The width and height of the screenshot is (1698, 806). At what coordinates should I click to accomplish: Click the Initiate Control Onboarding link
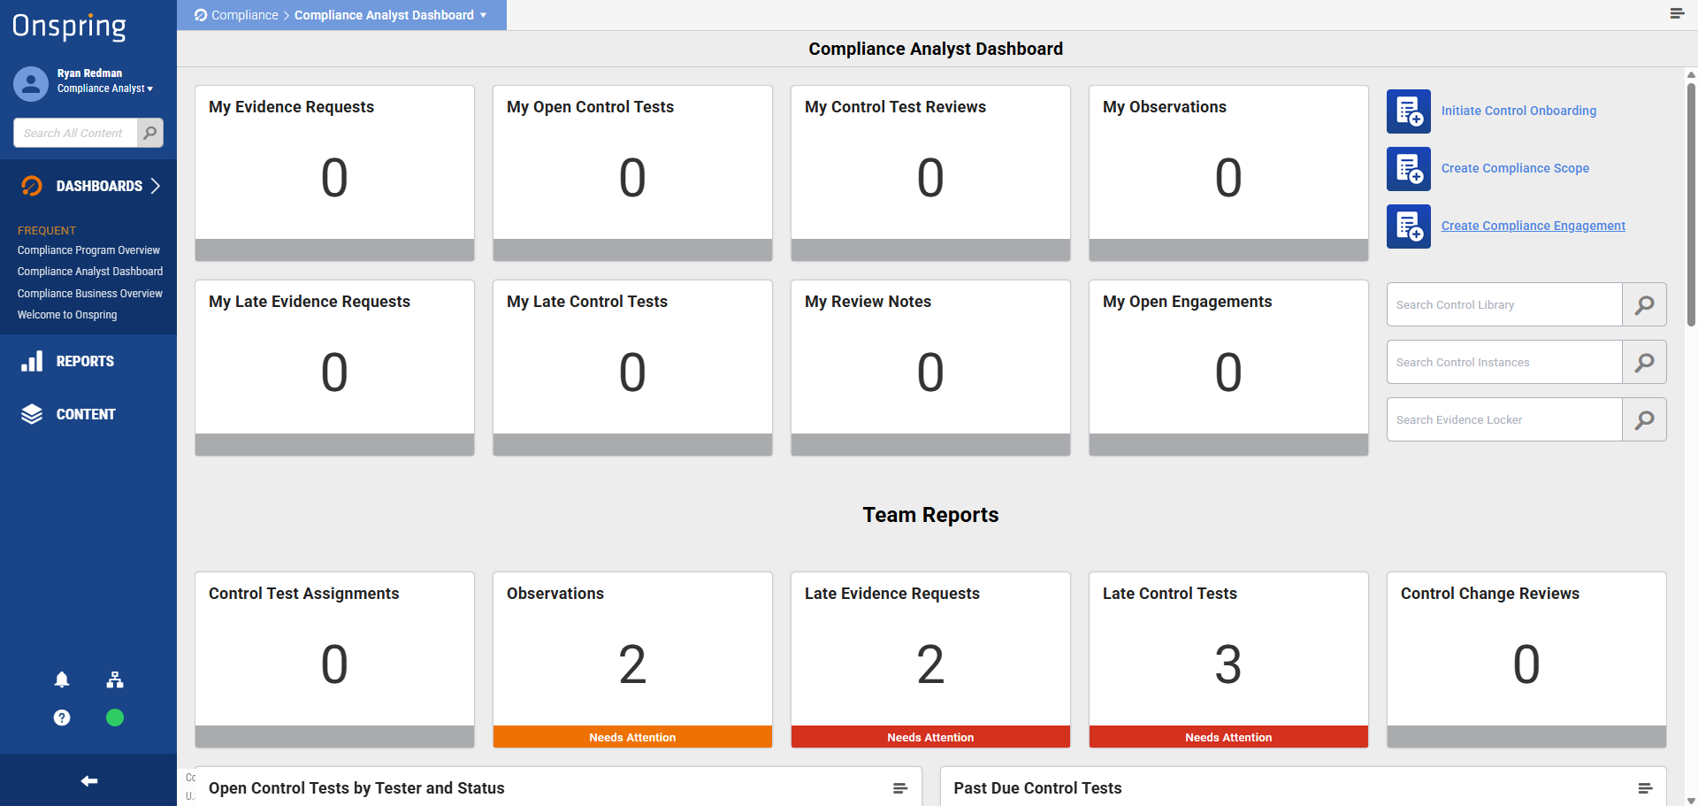coord(1518,111)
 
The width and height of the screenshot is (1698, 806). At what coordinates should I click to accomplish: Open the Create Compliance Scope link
coord(1515,168)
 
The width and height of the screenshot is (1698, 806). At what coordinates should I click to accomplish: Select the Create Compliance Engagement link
coord(1534,226)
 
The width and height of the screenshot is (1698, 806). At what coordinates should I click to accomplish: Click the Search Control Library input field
coord(1504,304)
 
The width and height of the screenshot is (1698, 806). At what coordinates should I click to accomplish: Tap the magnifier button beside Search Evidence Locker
coord(1645,419)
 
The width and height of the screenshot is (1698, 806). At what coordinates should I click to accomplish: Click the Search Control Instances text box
coord(1504,362)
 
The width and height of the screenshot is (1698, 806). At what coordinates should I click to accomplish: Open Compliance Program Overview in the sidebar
coord(88,250)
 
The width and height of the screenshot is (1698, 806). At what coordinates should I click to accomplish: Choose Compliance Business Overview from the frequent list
coord(90,294)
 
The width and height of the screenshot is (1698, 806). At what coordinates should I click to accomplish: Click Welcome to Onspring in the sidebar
coord(67,315)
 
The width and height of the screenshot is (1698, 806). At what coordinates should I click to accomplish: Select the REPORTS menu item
coord(85,361)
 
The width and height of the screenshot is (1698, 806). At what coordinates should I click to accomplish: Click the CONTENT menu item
coord(86,414)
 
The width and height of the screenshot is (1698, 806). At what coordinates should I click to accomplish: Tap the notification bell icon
coord(62,679)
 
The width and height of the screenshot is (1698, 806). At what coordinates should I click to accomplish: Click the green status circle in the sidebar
coord(115,718)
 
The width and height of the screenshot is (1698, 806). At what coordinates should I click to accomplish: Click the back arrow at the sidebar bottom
coord(89,780)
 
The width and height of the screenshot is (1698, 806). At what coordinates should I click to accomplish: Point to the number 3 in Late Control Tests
coord(1228,664)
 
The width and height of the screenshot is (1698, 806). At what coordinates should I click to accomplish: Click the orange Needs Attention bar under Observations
coord(632,737)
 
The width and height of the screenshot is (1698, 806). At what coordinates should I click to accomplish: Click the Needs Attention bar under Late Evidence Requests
coord(930,737)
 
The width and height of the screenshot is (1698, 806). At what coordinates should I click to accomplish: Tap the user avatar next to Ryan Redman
coord(31,84)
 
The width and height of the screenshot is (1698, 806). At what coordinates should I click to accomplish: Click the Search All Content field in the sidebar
coord(76,133)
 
